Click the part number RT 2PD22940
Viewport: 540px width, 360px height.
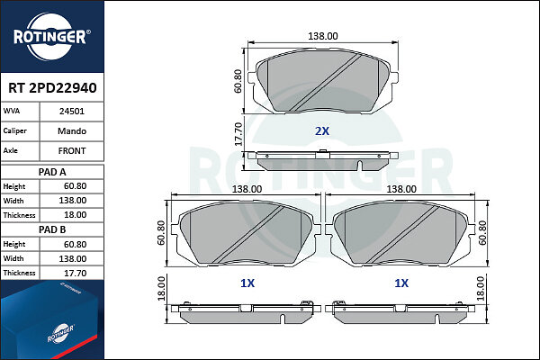click(x=52, y=88)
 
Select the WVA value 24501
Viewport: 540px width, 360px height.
click(x=72, y=112)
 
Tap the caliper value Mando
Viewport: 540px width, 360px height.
click(x=72, y=130)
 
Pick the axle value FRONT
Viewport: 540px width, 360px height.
click(x=72, y=151)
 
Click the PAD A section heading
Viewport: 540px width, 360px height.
click(x=52, y=172)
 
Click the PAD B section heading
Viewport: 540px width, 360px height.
click(x=52, y=229)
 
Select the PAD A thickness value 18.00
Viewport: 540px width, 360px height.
click(x=75, y=215)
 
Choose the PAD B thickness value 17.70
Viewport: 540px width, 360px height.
click(x=75, y=274)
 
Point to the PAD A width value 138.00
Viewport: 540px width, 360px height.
click(x=73, y=201)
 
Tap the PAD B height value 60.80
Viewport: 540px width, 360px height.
click(x=75, y=244)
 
